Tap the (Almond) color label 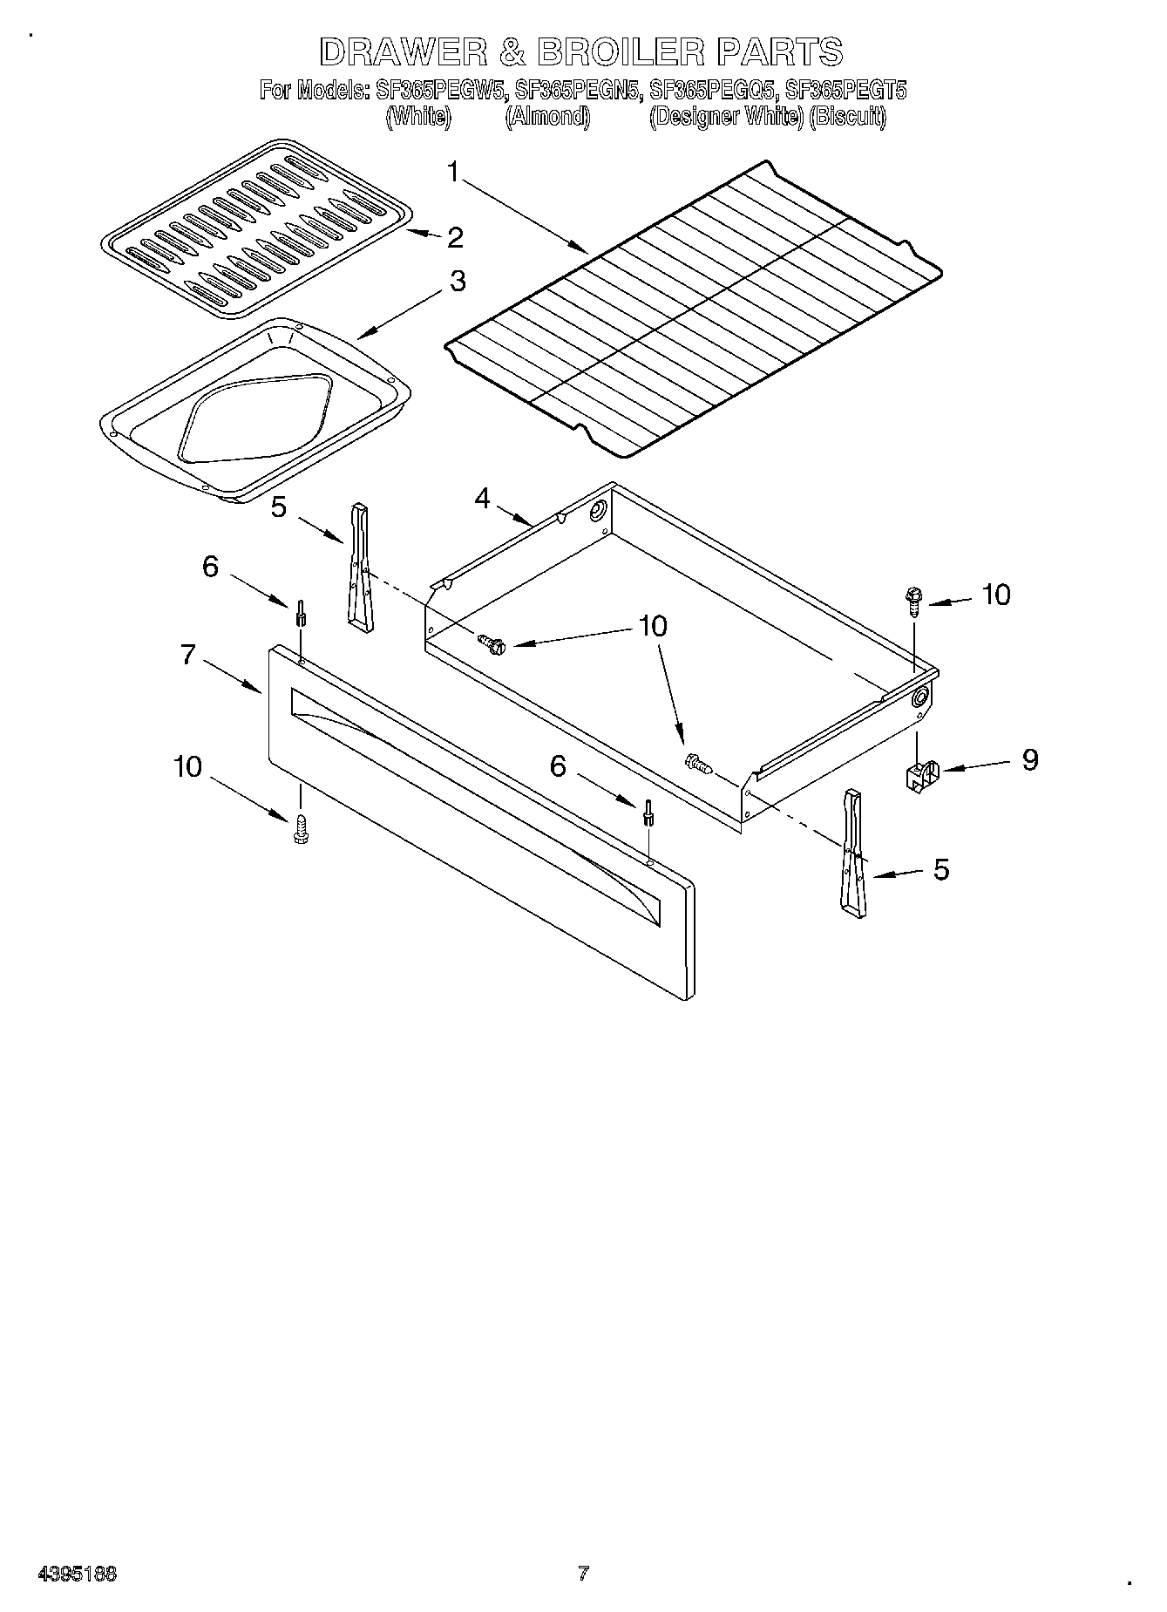(547, 117)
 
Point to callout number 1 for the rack (452, 172)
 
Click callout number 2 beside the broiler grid (454, 237)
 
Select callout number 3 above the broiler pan (457, 282)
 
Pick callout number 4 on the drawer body (482, 499)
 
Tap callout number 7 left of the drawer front (188, 655)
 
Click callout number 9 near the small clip (1029, 759)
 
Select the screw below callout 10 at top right (913, 601)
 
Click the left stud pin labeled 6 (301, 613)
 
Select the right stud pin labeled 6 (648, 812)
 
